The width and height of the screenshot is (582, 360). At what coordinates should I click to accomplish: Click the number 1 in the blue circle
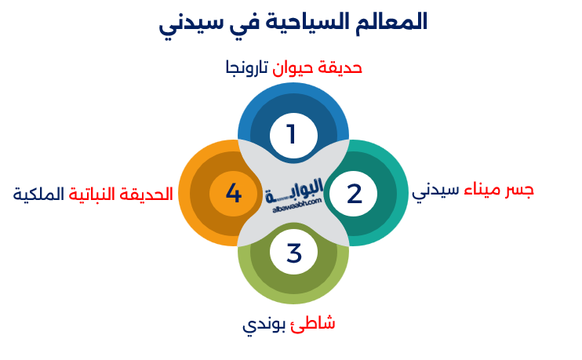292,135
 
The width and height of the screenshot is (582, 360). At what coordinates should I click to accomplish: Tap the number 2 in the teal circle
355,193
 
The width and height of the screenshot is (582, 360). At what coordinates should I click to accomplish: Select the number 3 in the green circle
293,253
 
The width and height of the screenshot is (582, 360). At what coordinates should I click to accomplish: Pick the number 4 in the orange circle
233,193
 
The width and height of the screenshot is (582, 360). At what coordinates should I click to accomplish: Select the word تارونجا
246,68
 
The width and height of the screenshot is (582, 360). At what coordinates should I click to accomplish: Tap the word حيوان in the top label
294,67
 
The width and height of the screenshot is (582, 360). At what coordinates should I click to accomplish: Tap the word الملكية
38,194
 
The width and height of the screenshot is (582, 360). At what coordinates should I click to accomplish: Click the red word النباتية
96,194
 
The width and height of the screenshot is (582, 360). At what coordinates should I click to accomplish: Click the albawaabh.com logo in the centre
294,195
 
